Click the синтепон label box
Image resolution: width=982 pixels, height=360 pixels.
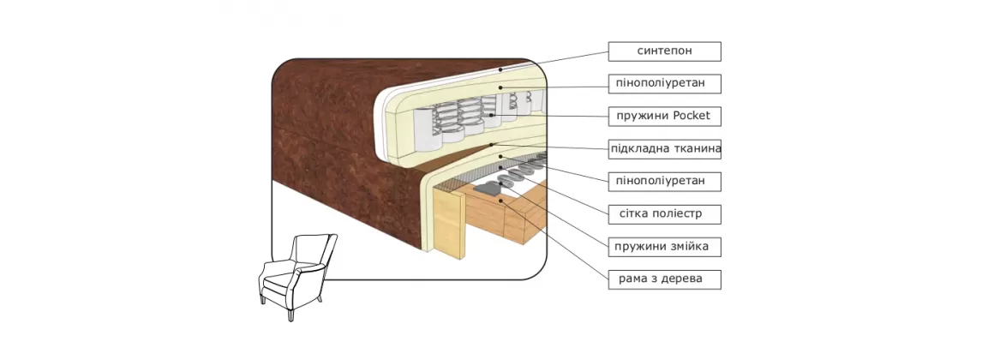(x=664, y=51)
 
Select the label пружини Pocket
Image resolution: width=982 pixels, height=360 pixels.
(x=664, y=116)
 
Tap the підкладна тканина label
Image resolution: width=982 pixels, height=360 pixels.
(x=664, y=148)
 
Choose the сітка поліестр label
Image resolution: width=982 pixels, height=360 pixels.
(x=664, y=213)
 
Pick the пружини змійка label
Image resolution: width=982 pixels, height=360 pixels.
(x=664, y=247)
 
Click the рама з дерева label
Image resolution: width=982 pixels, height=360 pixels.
(x=664, y=279)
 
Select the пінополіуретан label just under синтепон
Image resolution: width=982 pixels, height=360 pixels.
(x=664, y=84)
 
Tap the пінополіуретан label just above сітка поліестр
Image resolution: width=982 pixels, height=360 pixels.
(x=664, y=181)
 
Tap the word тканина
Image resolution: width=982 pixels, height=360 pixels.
(x=695, y=148)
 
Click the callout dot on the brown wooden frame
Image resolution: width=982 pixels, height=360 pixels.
(x=500, y=200)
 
